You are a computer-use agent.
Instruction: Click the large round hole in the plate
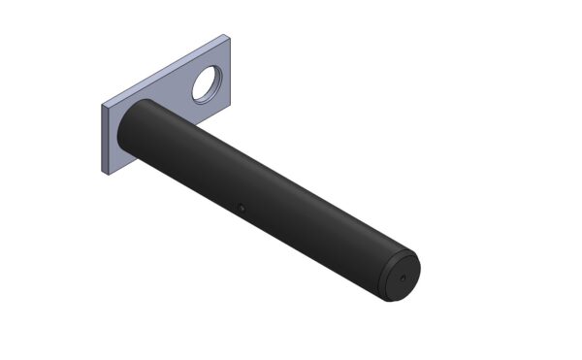point(208,84)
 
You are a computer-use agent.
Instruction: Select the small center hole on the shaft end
point(401,278)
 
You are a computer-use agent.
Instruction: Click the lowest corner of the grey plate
point(107,174)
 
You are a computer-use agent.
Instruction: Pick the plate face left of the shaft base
point(114,141)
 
